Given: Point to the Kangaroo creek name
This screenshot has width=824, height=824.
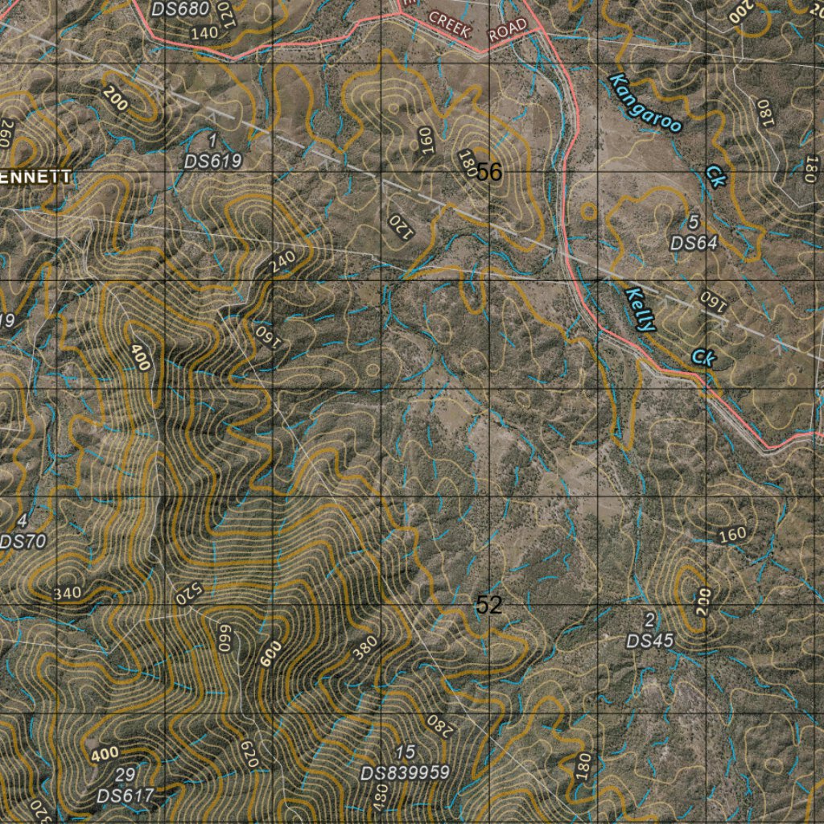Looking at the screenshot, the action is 645,103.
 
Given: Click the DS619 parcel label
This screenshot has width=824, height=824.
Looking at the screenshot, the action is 212,161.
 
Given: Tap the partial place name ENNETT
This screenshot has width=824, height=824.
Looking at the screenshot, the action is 35,177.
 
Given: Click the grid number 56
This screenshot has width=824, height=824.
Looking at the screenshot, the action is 488,171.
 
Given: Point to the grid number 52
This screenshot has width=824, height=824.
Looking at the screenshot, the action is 488,605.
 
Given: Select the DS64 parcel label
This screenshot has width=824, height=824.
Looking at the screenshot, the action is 694,242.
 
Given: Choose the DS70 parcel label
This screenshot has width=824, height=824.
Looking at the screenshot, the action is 23,542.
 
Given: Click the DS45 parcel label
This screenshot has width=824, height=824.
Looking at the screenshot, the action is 650,641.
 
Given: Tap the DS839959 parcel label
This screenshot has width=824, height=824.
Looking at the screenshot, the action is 405,772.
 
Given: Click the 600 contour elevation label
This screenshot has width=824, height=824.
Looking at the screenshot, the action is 272,654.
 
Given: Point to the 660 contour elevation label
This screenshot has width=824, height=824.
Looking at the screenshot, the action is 225,638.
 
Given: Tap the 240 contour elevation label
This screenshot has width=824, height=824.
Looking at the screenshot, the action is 282,262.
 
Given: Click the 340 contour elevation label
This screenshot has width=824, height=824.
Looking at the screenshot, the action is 67,594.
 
